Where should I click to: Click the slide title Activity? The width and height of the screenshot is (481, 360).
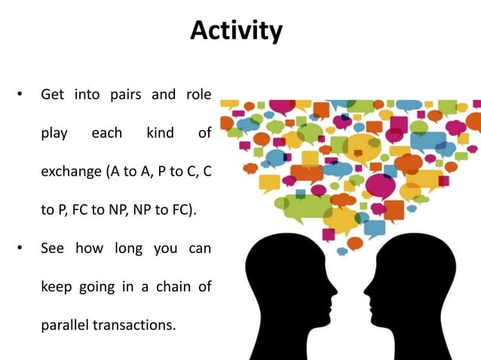pyautogui.click(x=237, y=31)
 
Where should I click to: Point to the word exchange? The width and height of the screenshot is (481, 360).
pyautogui.click(x=72, y=172)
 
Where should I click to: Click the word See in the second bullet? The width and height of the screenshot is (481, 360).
pyautogui.click(x=54, y=249)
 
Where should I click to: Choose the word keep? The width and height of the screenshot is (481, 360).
pyautogui.click(x=57, y=288)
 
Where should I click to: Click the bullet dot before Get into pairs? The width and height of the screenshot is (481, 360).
pyautogui.click(x=20, y=96)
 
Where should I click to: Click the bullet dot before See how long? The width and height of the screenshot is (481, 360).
pyautogui.click(x=20, y=249)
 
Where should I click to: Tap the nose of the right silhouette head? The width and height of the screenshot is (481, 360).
pyautogui.click(x=364, y=288)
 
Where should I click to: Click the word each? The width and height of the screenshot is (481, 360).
pyautogui.click(x=106, y=133)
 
